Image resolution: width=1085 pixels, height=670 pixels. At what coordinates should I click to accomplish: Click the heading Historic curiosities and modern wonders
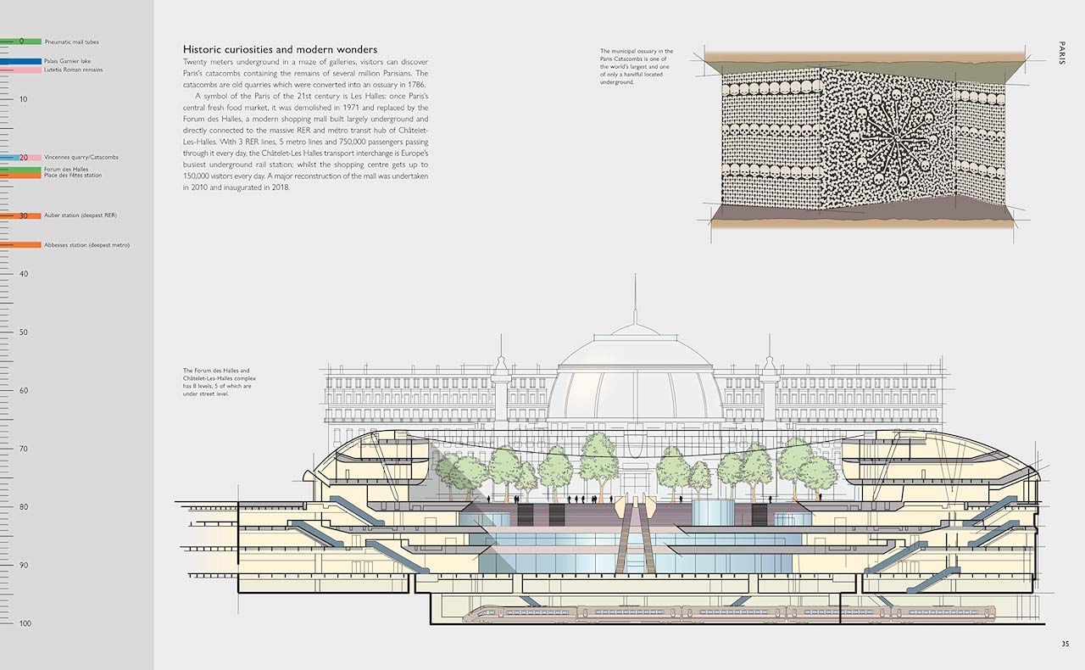pos(280,49)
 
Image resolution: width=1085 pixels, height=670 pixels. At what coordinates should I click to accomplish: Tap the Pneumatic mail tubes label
pos(71,42)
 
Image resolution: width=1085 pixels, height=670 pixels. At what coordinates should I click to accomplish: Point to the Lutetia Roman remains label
pos(73,70)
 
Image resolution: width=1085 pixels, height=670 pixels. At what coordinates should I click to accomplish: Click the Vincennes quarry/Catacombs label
pos(81,158)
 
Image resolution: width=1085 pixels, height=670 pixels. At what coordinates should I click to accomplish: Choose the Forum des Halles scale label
pos(66,169)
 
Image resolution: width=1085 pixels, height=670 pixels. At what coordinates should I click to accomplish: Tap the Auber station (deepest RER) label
pos(80,215)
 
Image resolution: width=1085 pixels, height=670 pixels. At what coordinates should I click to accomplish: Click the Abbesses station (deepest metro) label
pos(86,244)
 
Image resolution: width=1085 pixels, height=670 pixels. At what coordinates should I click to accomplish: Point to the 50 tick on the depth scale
pos(24,332)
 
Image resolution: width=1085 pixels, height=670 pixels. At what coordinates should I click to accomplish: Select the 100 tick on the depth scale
pos(24,623)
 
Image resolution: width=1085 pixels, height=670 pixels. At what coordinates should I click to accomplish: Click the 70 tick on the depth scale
pos(24,449)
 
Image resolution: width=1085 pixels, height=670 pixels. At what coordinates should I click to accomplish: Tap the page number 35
pos(1065,644)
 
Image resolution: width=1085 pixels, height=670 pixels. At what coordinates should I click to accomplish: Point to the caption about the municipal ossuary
pos(637,66)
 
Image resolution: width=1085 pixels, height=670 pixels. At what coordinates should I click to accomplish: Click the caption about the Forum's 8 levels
pos(218,382)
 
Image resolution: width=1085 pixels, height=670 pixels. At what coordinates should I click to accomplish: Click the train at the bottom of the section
pos(729,613)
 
